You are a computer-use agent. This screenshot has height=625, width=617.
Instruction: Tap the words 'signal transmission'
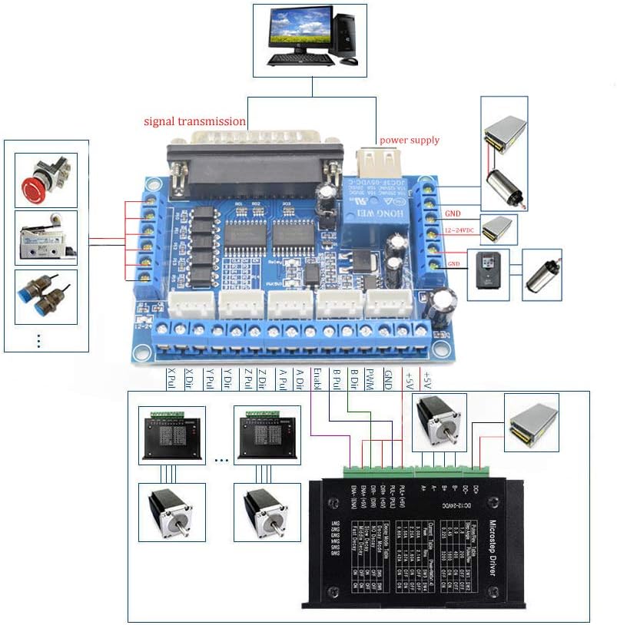196,121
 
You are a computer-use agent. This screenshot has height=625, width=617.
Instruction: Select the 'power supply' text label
410,140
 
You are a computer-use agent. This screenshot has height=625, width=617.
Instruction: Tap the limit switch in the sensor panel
45,238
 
